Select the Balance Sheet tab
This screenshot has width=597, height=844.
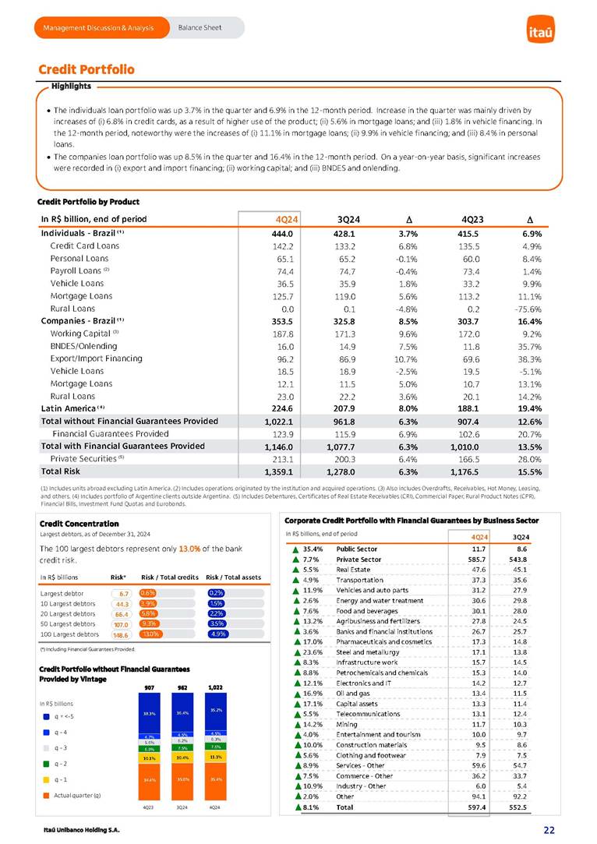200,28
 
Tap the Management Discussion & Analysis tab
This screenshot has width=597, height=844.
99,28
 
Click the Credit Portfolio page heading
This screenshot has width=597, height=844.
87,69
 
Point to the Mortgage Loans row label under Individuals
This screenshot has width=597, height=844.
81,296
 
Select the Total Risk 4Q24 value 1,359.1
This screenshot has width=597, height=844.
277,471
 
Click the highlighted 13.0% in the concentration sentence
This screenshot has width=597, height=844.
189,549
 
